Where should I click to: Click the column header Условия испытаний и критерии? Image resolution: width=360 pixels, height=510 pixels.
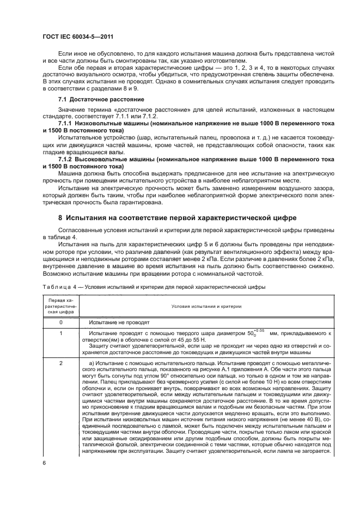pyautogui.click(x=206, y=306)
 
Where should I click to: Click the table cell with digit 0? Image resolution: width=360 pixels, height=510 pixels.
pyautogui.click(x=60, y=323)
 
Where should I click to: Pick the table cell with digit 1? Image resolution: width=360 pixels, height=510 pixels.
pyautogui.click(x=60, y=332)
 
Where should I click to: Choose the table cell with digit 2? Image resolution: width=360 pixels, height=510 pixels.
pyautogui.click(x=60, y=362)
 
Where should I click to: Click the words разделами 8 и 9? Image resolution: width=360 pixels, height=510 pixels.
pyautogui.click(x=120, y=87)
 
